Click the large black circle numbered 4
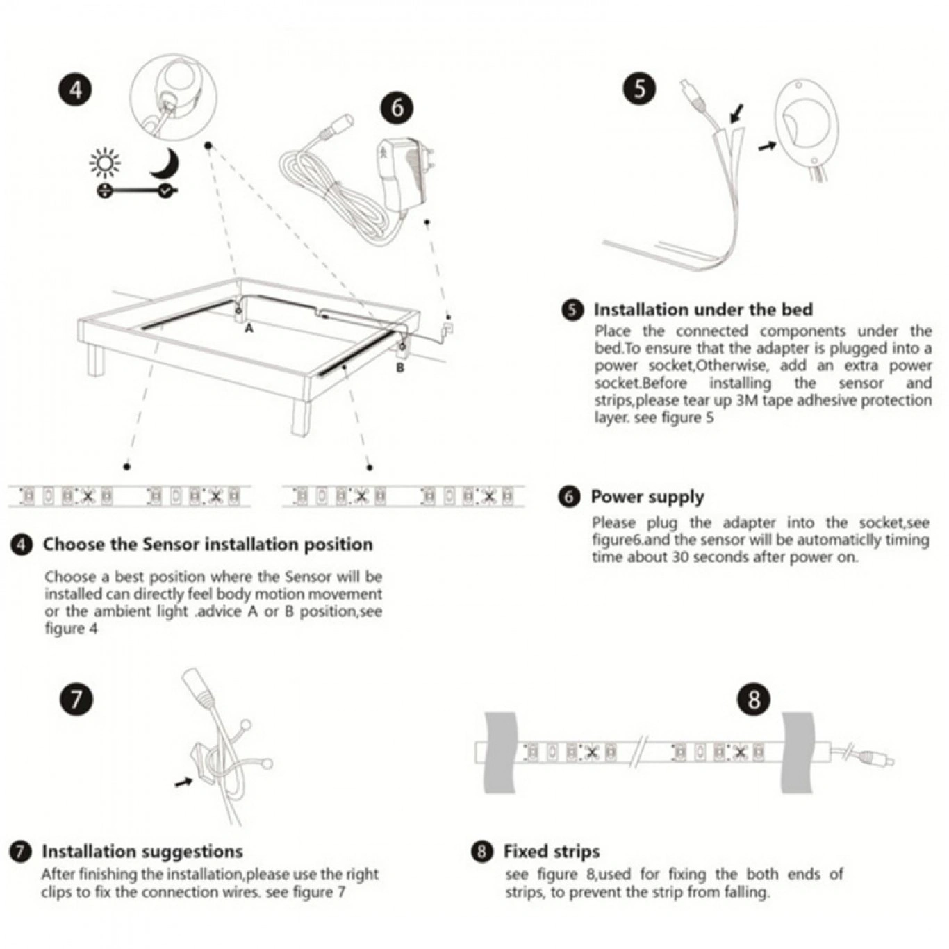click(x=76, y=90)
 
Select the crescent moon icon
click(x=165, y=163)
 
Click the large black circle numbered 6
click(x=397, y=108)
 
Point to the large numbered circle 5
click(x=639, y=89)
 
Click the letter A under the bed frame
click(x=249, y=327)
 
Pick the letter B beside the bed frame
click(x=400, y=368)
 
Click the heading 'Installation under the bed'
click(x=703, y=310)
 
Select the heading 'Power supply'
click(x=647, y=497)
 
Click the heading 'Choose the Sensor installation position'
click(x=208, y=544)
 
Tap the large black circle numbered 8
click(x=754, y=699)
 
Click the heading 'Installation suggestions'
click(x=142, y=852)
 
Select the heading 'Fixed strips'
click(x=552, y=852)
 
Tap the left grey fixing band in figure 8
click(x=501, y=753)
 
